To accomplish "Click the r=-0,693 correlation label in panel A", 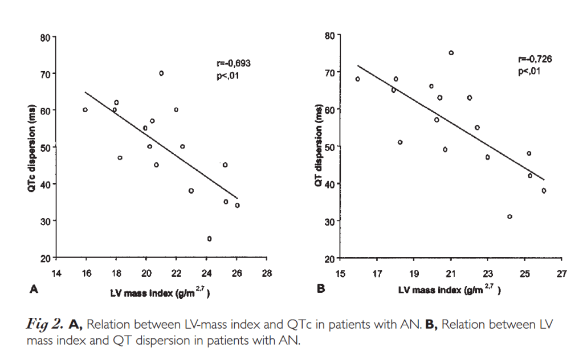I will [231, 63].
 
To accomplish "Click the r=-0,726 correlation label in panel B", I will [535, 59].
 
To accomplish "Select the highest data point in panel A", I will [161, 73].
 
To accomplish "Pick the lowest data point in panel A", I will [209, 239].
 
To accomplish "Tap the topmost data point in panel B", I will [451, 53].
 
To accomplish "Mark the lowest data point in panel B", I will [509, 216].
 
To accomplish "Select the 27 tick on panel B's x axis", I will [561, 274].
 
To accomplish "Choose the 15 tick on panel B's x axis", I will [340, 274].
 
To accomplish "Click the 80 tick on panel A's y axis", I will [45, 38].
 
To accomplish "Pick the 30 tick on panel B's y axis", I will [329, 221].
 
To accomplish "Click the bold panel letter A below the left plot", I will [33, 289].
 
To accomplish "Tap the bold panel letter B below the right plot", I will [320, 289].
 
